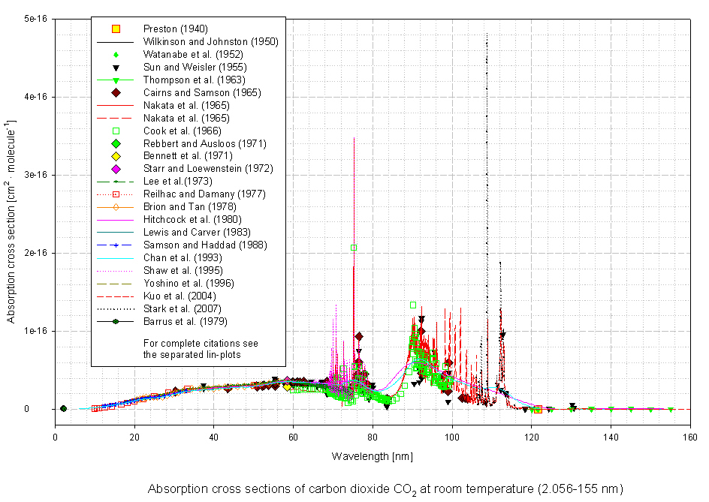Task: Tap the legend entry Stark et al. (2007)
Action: coord(179,309)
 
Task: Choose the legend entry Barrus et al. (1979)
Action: coord(181,322)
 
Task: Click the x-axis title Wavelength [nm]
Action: coord(372,455)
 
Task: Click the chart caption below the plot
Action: coord(385,488)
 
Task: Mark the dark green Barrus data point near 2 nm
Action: coord(63,409)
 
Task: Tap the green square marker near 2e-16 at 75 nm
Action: coord(354,248)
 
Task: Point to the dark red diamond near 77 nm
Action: coord(359,336)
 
